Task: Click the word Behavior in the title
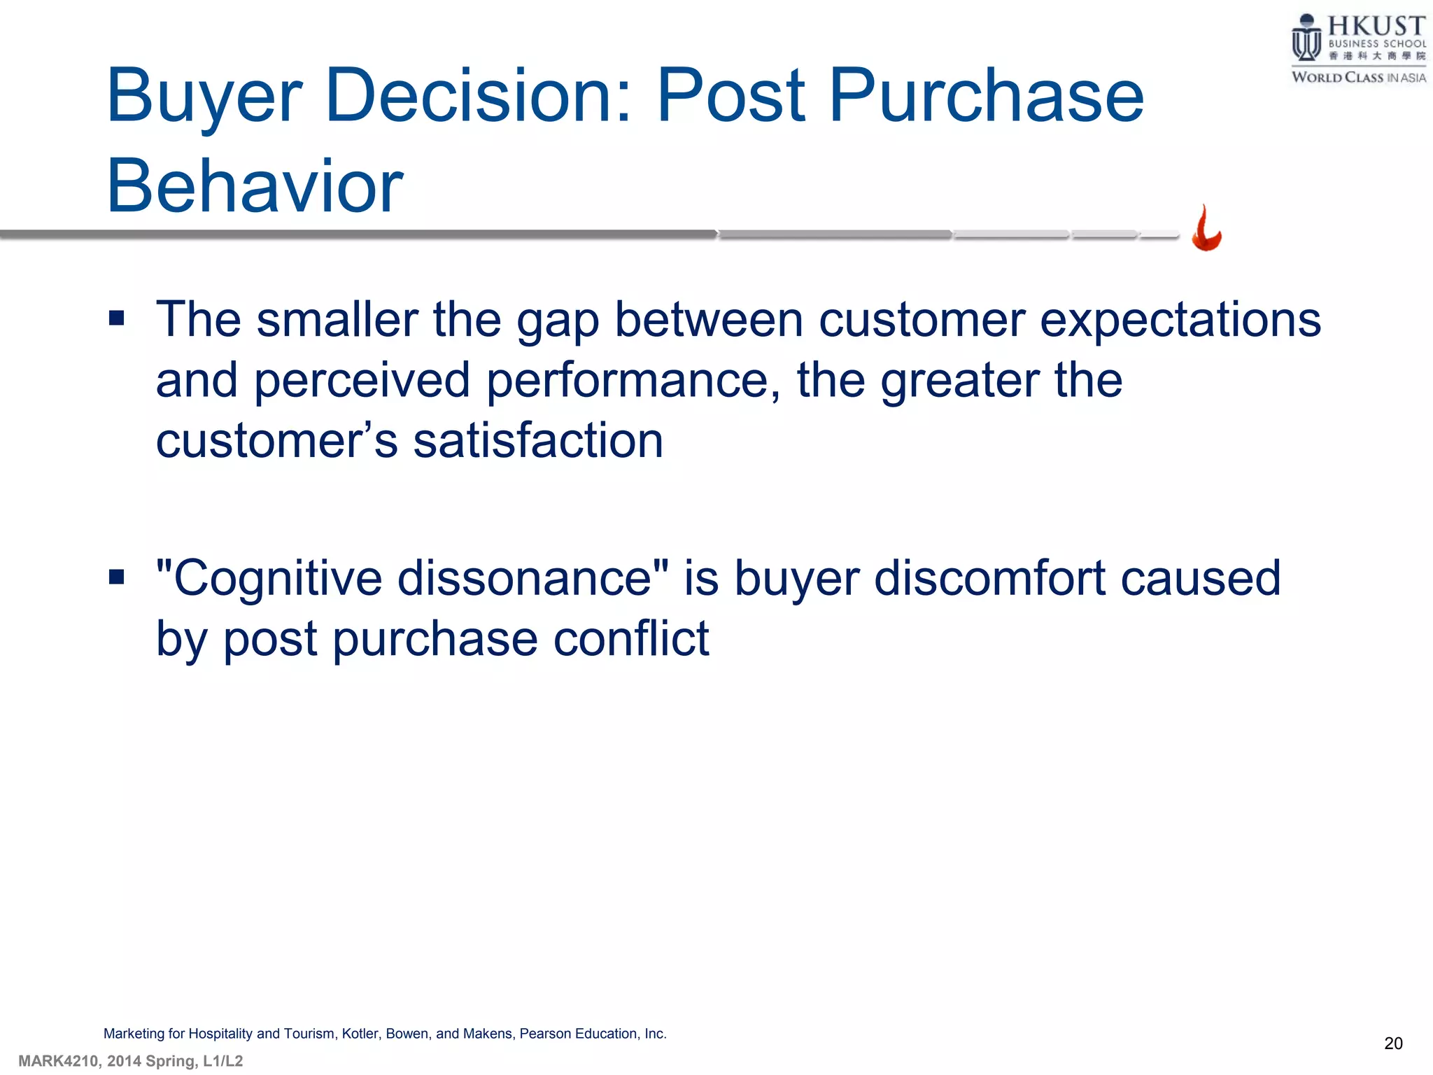pos(255,185)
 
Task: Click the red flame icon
pos(1206,229)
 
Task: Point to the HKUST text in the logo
pos(1376,27)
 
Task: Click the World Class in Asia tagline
pos(1358,77)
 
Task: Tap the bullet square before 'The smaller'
pos(117,319)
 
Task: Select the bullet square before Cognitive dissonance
pos(117,577)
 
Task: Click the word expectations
pos(1180,321)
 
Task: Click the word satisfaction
pos(538,441)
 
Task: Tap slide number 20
pos(1392,1044)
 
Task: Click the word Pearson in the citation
pos(545,1034)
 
